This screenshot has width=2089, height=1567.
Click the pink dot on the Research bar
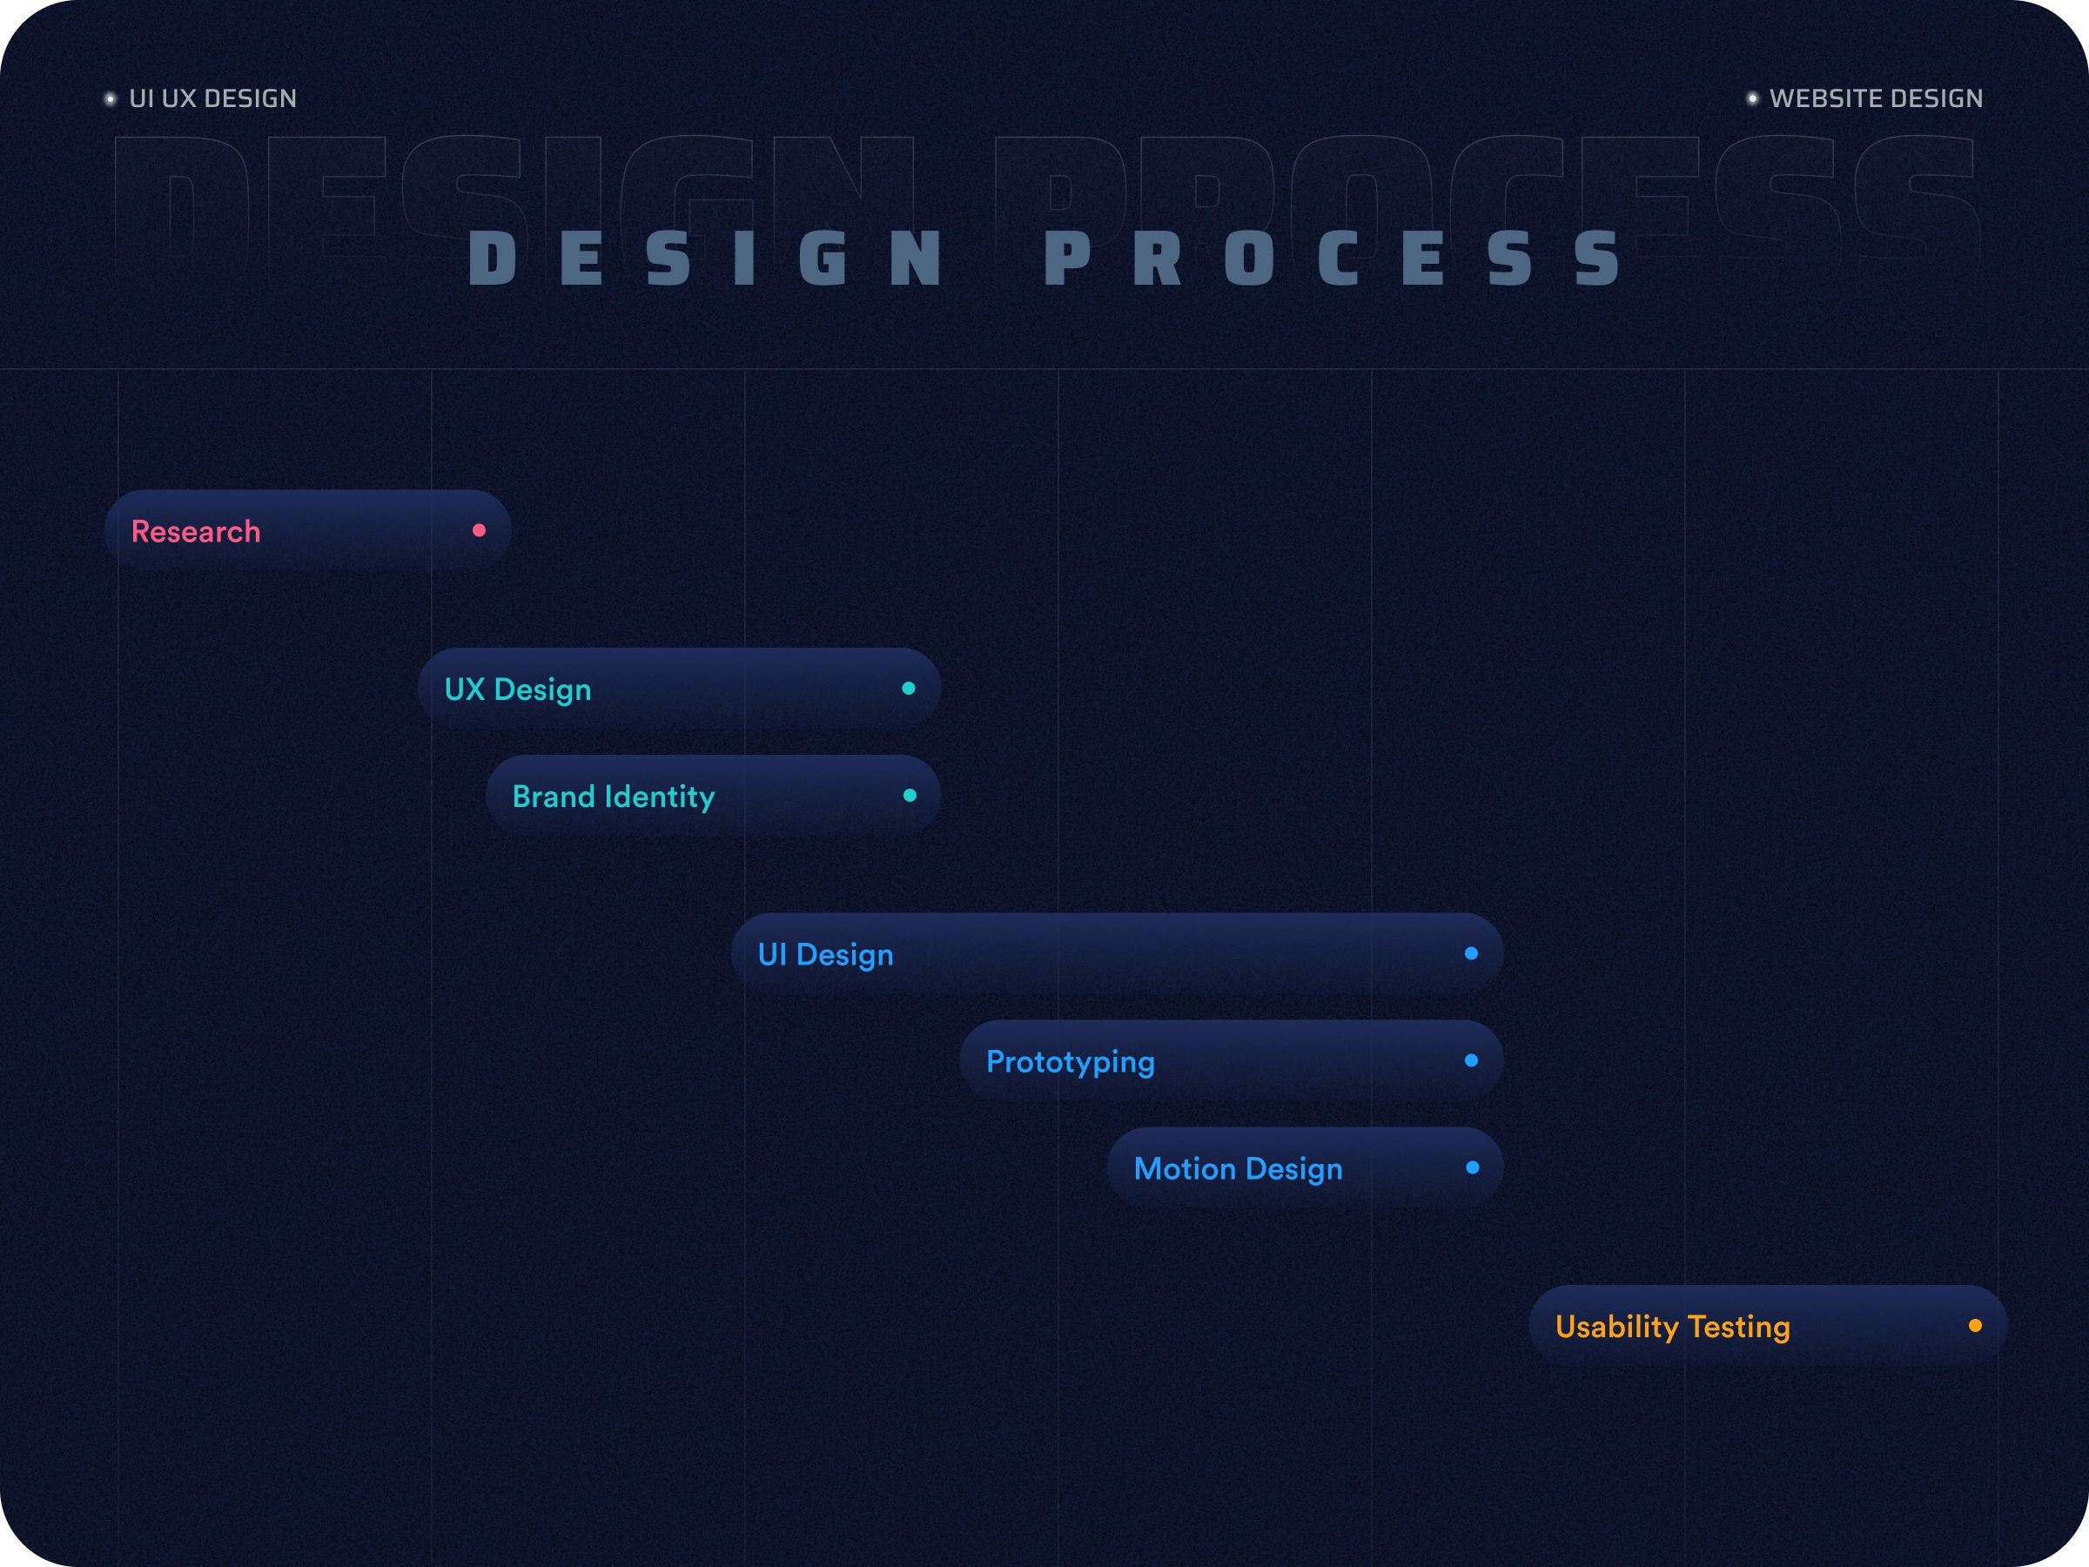click(x=479, y=530)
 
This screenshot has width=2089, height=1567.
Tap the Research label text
click(x=196, y=531)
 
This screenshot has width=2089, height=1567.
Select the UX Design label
click(x=518, y=689)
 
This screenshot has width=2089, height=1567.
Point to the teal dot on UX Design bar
click(x=909, y=688)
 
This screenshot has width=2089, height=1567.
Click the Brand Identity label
click(x=614, y=797)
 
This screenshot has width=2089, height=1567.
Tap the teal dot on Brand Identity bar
click(x=910, y=796)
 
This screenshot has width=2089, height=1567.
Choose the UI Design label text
click(x=825, y=954)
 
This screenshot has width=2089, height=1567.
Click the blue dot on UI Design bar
click(x=1471, y=953)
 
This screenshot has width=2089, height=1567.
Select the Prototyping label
click(x=1070, y=1062)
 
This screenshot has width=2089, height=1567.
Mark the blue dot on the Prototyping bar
click(x=1471, y=1059)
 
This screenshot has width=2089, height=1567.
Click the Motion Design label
click(x=1238, y=1168)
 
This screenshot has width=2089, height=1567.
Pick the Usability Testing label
click(x=1673, y=1326)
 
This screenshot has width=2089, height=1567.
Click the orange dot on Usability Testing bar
click(x=1975, y=1325)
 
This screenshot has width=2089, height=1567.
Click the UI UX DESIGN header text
click(x=212, y=98)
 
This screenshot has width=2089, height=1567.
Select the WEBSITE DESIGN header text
click(x=1876, y=98)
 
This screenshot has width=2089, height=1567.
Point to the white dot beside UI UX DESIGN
click(x=111, y=98)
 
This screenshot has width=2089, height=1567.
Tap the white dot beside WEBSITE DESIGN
click(x=1752, y=98)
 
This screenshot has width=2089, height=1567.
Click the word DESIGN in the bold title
click(x=704, y=258)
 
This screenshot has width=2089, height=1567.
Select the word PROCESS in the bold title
click(x=1333, y=258)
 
